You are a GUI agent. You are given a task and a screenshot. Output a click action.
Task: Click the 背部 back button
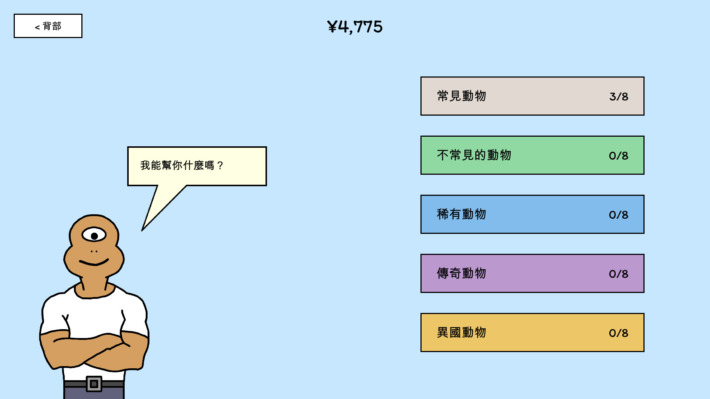[x=48, y=26]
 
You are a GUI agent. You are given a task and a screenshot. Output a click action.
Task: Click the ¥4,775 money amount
[x=355, y=27]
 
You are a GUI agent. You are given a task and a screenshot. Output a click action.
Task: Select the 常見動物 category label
[x=461, y=96]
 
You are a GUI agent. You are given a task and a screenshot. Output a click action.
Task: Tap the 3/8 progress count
[x=619, y=97]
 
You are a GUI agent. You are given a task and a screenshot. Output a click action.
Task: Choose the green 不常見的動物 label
[x=474, y=155]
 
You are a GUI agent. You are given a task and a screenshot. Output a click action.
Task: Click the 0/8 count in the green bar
[x=619, y=156]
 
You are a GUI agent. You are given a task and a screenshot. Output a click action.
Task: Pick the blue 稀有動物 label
[x=461, y=214]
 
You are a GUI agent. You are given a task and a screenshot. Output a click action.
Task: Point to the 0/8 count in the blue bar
[x=619, y=215]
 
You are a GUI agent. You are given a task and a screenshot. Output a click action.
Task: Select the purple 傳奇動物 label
[x=461, y=273]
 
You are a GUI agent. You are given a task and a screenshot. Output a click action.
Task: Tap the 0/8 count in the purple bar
[x=619, y=274]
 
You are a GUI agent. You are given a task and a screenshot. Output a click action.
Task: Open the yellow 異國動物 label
[x=461, y=332]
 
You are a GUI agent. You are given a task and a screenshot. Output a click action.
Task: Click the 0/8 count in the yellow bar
[x=619, y=333]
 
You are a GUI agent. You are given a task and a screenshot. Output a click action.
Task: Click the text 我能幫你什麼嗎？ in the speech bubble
[x=181, y=165]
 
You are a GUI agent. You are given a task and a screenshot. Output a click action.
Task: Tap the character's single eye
[x=94, y=235]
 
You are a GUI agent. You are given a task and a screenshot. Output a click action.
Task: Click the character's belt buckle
[x=94, y=384]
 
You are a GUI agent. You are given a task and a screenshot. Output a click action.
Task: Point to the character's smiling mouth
[x=94, y=263]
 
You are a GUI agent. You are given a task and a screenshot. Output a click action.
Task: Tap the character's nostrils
[x=94, y=252]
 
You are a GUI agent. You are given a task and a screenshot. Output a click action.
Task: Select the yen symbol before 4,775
[x=332, y=27]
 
